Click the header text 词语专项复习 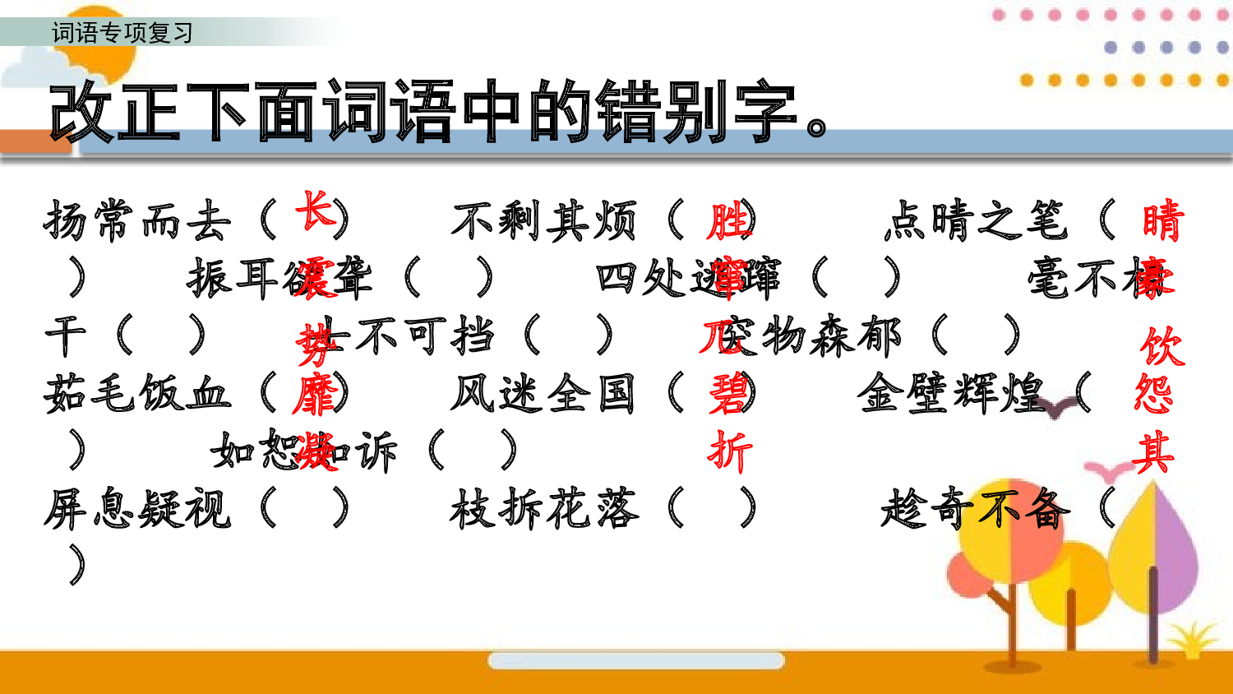122,33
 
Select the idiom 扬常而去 137,221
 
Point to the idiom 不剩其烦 543,221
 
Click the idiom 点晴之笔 976,221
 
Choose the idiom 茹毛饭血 137,393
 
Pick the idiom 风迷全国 543,393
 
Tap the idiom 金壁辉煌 951,393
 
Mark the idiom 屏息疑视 137,508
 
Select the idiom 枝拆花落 543,508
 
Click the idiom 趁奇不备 976,508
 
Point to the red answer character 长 315,211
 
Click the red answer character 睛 1162,221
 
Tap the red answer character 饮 1162,346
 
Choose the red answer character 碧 728,394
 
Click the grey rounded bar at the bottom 635,660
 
